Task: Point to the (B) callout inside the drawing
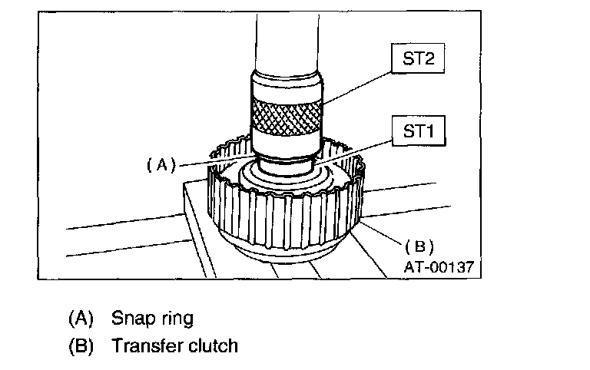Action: (419, 246)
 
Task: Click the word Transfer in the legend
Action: (145, 345)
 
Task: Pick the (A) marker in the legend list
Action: (81, 317)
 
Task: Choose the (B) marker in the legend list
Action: (81, 345)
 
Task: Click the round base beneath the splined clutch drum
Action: (284, 257)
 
